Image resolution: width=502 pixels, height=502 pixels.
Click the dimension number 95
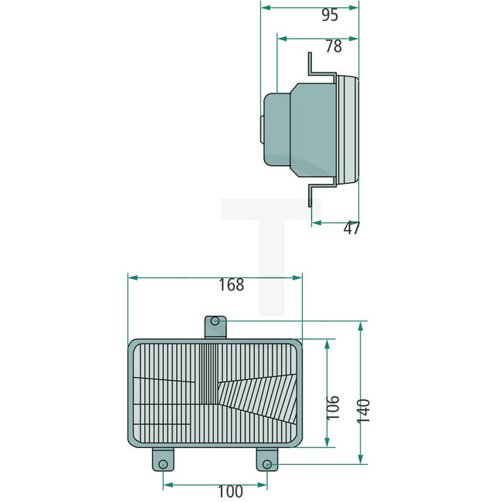click(x=330, y=15)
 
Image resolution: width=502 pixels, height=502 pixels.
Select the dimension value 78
click(x=333, y=46)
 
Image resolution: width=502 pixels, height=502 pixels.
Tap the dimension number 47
click(x=351, y=229)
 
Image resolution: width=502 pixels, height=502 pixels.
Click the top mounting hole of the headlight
click(x=215, y=321)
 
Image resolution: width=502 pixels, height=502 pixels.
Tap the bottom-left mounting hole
click(x=162, y=463)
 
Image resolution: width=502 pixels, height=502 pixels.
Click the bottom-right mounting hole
click(x=266, y=463)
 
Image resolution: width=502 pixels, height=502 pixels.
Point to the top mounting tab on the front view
click(x=215, y=327)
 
